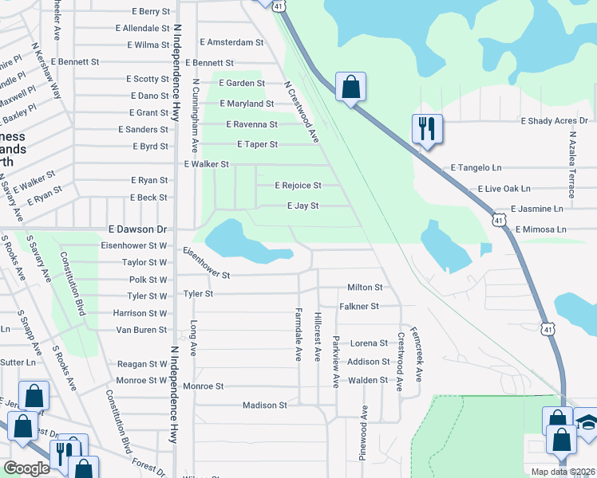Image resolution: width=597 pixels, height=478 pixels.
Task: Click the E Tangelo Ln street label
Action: point(476,168)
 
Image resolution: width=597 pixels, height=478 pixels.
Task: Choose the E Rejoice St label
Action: point(298,186)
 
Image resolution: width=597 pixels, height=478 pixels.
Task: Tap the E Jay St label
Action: point(302,206)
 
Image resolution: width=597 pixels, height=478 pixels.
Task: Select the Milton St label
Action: point(365,287)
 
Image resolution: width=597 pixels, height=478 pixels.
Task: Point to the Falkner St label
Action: point(358,306)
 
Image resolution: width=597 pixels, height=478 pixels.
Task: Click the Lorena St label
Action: point(367,343)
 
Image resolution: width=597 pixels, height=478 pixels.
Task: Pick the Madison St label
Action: point(264,406)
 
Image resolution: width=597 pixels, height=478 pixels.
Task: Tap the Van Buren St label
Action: point(141,330)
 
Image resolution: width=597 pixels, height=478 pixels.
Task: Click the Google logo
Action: point(27,468)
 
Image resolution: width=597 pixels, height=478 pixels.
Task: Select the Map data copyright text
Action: point(563,472)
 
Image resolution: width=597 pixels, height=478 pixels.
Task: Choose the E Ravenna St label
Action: point(251,124)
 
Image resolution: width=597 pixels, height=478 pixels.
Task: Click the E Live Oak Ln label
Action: point(504,189)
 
